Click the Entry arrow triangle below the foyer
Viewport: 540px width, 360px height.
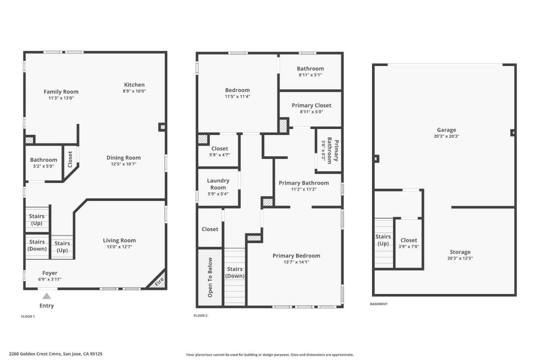46,296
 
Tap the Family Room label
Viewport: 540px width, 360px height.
61,91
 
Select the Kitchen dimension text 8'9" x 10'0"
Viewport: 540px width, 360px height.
134,91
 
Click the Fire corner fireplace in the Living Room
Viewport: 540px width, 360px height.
159,281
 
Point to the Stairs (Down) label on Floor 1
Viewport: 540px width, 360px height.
37,245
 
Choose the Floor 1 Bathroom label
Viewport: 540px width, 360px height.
43,160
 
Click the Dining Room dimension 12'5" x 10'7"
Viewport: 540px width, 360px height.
123,164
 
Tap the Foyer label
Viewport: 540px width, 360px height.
50,273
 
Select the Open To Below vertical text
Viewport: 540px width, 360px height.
210,277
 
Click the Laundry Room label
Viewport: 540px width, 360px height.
218,184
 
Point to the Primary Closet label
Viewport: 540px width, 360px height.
311,105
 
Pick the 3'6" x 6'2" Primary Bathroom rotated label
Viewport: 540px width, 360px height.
330,150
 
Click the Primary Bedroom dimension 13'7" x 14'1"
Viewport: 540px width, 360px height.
296,262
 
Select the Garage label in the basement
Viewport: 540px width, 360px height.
446,130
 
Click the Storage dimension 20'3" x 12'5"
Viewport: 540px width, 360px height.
460,258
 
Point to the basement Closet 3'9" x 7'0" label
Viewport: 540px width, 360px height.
409,243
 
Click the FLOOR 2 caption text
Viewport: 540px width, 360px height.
201,316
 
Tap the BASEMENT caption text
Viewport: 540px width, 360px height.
379,304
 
